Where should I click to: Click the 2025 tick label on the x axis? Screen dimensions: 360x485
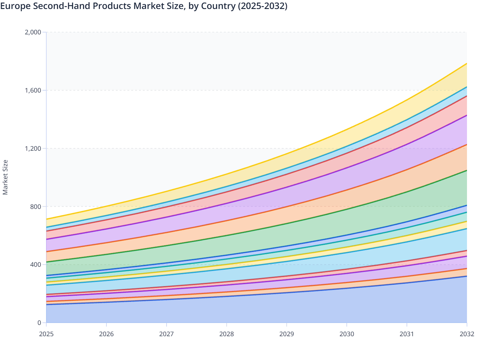click(x=46, y=334)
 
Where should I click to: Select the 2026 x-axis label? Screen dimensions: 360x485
click(x=106, y=334)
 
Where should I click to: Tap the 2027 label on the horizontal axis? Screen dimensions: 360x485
click(x=167, y=334)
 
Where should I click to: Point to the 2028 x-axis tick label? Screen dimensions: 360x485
click(x=227, y=334)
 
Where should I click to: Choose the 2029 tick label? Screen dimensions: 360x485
click(x=287, y=334)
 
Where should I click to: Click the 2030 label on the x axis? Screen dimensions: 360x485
click(x=347, y=334)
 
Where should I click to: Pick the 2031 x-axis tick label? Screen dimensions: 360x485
click(x=407, y=334)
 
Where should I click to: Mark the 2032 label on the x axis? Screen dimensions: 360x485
click(x=467, y=334)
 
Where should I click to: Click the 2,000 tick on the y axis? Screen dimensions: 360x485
click(x=33, y=32)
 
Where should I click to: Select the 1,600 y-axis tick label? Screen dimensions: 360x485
click(x=33, y=90)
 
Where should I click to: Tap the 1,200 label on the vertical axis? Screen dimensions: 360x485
click(x=33, y=148)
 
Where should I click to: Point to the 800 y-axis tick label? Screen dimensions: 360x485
click(x=36, y=206)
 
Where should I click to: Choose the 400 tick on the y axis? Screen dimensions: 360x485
click(x=36, y=265)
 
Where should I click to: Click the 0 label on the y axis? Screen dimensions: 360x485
click(x=39, y=323)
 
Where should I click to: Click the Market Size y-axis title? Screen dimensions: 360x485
click(x=5, y=177)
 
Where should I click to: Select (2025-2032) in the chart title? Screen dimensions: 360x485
click(x=262, y=6)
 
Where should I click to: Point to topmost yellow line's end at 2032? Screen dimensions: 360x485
click(x=467, y=64)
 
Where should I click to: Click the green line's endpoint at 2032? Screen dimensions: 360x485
click(x=467, y=171)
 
